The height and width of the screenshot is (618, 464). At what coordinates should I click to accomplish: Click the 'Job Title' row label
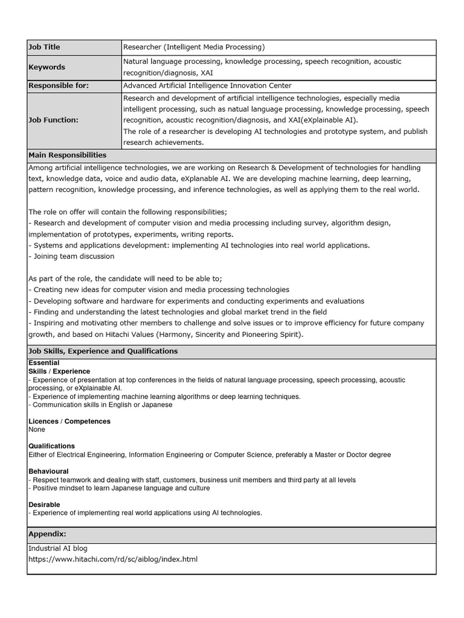[45, 47]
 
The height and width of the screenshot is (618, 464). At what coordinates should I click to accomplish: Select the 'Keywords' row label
[47, 67]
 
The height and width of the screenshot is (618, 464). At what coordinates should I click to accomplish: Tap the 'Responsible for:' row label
[59, 86]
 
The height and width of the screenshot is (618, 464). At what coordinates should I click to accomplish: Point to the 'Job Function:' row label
[54, 120]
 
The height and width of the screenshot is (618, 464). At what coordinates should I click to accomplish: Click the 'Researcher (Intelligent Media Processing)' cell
[194, 47]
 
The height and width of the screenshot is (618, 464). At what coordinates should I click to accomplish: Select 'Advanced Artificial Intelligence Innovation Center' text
[207, 86]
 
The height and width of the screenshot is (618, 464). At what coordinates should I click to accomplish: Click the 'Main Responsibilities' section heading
[68, 155]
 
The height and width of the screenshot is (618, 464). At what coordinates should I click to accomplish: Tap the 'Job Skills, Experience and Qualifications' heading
[103, 351]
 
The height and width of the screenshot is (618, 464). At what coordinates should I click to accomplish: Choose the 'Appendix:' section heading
[48, 534]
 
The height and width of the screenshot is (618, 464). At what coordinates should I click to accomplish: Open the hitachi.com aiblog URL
[113, 559]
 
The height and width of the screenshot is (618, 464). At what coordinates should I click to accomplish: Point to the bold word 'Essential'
[44, 363]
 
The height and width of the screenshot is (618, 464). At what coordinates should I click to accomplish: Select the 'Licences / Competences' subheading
[69, 421]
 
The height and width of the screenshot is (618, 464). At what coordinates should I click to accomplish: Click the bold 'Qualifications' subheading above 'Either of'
[52, 446]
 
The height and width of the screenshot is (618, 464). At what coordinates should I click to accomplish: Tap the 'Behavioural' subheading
[48, 471]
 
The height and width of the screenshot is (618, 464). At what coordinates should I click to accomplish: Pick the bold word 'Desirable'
[44, 505]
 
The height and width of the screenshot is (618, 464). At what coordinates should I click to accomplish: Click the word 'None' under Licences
[37, 430]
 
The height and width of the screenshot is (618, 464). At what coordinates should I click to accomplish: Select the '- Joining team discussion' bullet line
[71, 256]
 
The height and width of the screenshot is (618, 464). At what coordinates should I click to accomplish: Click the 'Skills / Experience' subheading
[59, 371]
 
